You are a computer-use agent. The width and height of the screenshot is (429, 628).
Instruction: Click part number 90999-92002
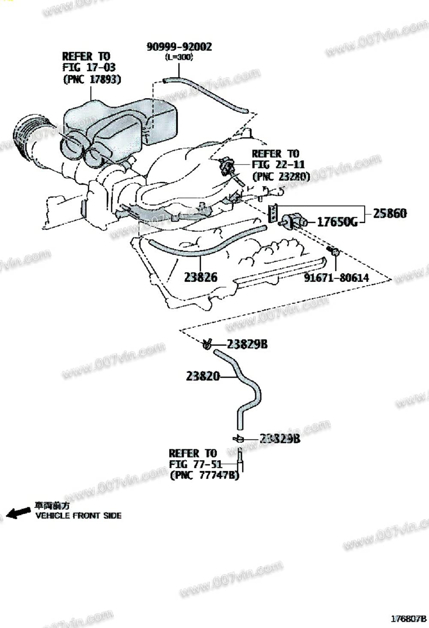[x=179, y=46]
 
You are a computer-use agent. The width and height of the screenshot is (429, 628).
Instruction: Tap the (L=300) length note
[x=179, y=57]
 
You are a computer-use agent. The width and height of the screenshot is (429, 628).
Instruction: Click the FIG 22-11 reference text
[x=278, y=165]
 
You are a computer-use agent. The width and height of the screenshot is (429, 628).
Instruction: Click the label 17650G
[x=337, y=222]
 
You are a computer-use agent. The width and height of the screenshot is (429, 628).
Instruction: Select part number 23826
[x=201, y=277]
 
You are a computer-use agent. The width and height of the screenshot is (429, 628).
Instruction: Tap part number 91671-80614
[x=336, y=278]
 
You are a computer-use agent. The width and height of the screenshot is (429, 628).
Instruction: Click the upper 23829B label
[x=247, y=344]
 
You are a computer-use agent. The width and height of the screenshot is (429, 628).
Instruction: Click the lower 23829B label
[x=279, y=438]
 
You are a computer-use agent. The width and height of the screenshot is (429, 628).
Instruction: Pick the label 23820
[x=203, y=376]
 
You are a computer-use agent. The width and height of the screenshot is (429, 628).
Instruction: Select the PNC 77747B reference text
[x=204, y=475]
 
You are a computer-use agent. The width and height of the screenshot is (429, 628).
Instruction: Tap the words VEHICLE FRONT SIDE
[x=78, y=516]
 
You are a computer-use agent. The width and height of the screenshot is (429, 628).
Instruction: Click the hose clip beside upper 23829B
[x=207, y=344]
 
